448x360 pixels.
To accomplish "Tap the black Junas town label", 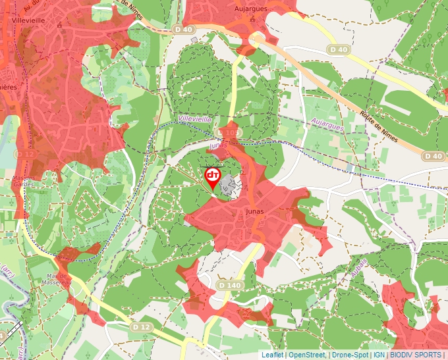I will (x=254, y=211).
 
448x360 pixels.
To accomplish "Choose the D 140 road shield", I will (x=229, y=285).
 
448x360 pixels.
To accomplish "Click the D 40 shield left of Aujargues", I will (x=185, y=30).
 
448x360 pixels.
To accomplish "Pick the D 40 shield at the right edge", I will (x=433, y=156).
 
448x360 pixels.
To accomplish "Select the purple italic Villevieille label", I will (x=194, y=119).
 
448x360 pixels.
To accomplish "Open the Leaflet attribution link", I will (x=272, y=355).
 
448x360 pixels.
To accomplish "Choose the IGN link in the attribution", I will (x=379, y=355).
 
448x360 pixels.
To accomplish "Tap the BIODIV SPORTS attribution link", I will (x=415, y=355).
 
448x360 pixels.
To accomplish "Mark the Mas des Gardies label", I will (x=22, y=181).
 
